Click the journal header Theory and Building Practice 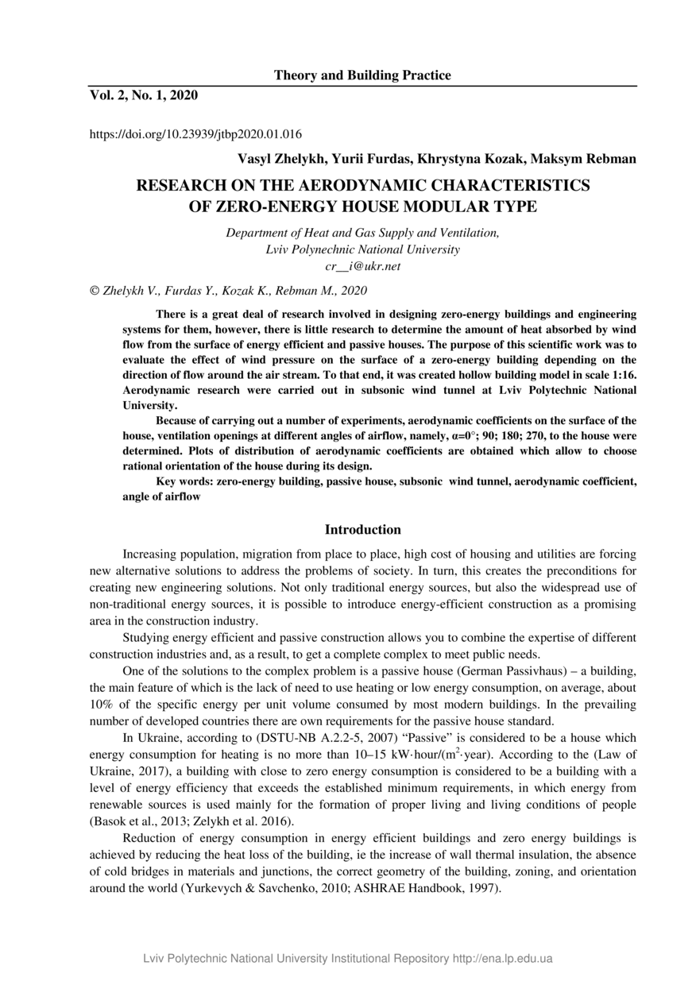click(x=362, y=75)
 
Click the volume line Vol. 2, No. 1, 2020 click(x=143, y=95)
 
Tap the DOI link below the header click(x=195, y=134)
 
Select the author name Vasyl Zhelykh click(x=278, y=159)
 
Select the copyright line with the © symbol click(x=229, y=291)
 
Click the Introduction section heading click(x=363, y=530)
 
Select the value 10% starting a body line click(x=102, y=705)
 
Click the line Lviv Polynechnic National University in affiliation click(x=363, y=249)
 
